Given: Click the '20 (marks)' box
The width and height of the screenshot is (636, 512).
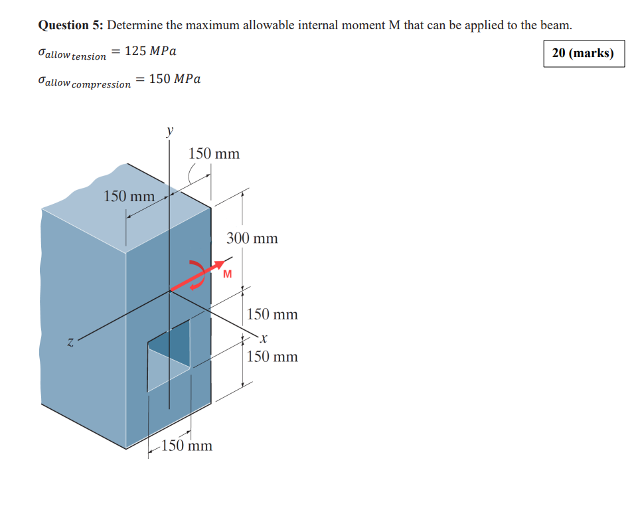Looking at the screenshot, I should [583, 53].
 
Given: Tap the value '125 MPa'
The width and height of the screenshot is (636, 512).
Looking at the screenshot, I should [150, 51].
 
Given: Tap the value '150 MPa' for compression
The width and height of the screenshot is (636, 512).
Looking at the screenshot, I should [175, 79].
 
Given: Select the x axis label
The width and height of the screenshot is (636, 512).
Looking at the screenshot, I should [264, 339].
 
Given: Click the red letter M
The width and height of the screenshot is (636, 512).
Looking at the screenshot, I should [228, 274].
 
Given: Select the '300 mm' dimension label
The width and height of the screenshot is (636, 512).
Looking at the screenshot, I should [252, 238].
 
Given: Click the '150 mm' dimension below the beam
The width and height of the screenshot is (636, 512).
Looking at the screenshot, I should [187, 446].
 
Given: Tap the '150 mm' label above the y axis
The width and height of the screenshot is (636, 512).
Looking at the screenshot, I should [214, 154].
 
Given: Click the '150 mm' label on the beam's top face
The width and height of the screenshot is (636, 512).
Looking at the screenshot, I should [129, 197].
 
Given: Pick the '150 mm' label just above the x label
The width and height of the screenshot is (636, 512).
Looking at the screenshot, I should [272, 314].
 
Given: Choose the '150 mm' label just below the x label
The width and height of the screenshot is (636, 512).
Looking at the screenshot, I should [272, 357].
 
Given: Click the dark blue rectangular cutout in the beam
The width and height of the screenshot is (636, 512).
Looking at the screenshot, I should [174, 341].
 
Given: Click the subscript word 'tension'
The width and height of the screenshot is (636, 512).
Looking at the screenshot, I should [89, 57].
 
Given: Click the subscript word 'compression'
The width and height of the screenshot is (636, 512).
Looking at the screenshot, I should [101, 85].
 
